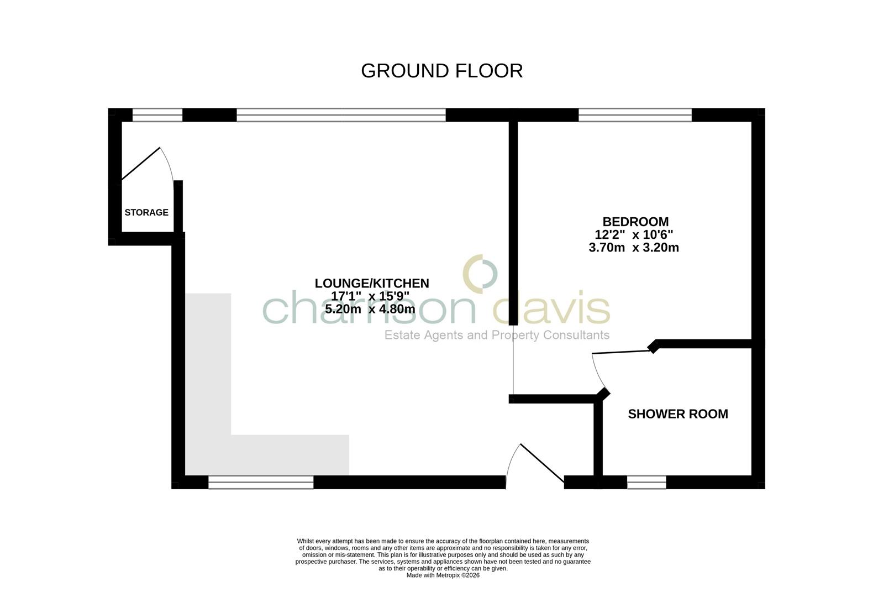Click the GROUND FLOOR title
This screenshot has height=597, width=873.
(x=441, y=71)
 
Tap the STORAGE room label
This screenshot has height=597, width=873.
(x=146, y=212)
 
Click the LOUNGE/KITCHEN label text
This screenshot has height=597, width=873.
(x=372, y=283)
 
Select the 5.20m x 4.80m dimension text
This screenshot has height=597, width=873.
(x=370, y=309)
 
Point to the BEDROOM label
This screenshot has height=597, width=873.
(x=635, y=222)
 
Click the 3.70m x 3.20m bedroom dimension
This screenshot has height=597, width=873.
(x=634, y=248)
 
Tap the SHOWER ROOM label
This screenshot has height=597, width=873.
(x=678, y=413)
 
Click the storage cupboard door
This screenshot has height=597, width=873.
(x=141, y=164)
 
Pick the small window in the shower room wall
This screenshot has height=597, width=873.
(x=646, y=483)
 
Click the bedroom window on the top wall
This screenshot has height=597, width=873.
(x=635, y=115)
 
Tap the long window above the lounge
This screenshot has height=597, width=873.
(x=341, y=115)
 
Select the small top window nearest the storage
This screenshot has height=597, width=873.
(x=157, y=115)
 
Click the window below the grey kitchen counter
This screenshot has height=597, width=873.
(x=261, y=483)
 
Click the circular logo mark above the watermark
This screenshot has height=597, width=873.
(x=480, y=273)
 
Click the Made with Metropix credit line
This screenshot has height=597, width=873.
(x=443, y=575)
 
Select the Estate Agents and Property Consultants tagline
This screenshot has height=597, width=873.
(x=497, y=335)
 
